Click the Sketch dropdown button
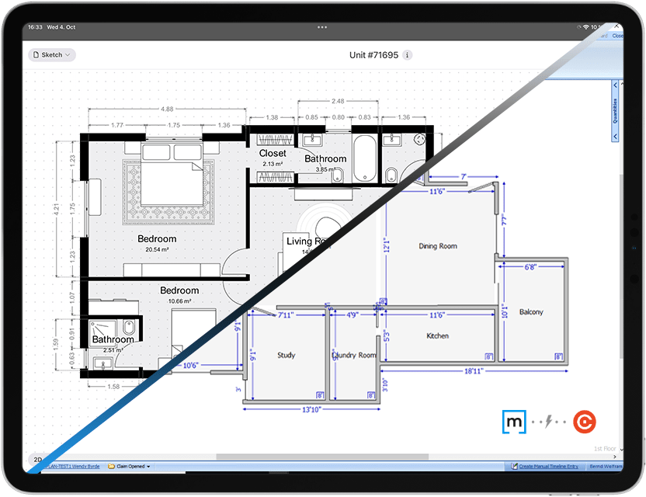click(x=52, y=55)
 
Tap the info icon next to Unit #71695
click(x=408, y=55)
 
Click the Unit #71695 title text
click(x=374, y=55)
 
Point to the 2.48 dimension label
click(x=337, y=102)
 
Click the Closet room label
click(x=273, y=154)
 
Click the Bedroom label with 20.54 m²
click(x=157, y=239)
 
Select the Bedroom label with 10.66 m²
click(x=179, y=290)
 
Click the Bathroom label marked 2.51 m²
click(x=113, y=339)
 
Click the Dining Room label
click(x=438, y=246)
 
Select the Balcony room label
click(x=531, y=312)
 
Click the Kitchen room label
click(x=438, y=336)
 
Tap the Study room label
click(x=286, y=356)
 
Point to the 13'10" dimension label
click(x=311, y=409)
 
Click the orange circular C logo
click(x=584, y=422)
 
